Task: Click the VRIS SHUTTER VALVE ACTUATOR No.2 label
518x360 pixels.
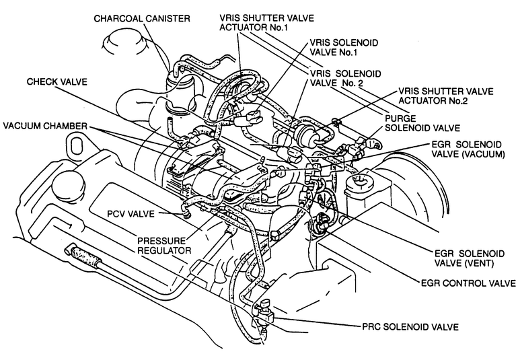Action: coord(445,96)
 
